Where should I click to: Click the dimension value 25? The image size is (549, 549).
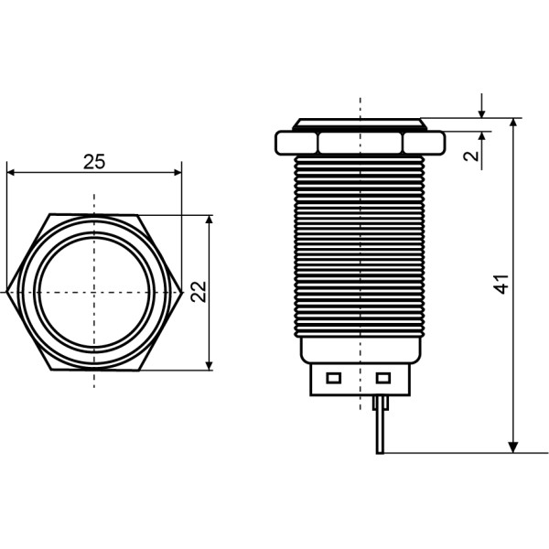[94, 162]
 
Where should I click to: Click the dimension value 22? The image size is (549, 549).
[199, 291]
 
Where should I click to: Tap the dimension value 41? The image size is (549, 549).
[501, 284]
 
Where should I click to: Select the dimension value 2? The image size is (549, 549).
[471, 156]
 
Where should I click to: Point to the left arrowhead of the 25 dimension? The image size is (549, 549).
[10, 172]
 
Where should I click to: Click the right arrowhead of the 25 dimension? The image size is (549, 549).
[178, 172]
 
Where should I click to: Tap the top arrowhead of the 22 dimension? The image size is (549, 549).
[209, 220]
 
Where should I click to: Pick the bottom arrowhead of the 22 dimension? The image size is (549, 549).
[209, 366]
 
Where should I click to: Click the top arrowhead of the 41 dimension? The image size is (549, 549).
[513, 124]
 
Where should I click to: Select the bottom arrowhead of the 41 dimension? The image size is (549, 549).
[513, 447]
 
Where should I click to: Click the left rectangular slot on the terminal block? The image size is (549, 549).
[333, 378]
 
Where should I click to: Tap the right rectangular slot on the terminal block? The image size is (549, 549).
[383, 378]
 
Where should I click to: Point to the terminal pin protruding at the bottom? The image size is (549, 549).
[381, 425]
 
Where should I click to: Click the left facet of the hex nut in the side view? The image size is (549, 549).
[296, 143]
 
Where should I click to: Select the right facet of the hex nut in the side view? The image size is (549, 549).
[424, 143]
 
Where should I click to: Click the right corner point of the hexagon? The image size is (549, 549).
[182, 292]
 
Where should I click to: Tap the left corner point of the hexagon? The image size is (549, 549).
[7, 292]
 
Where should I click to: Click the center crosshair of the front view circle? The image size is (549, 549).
[94, 292]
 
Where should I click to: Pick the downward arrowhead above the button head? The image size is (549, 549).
[482, 113]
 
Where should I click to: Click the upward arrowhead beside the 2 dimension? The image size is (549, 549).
[482, 135]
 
